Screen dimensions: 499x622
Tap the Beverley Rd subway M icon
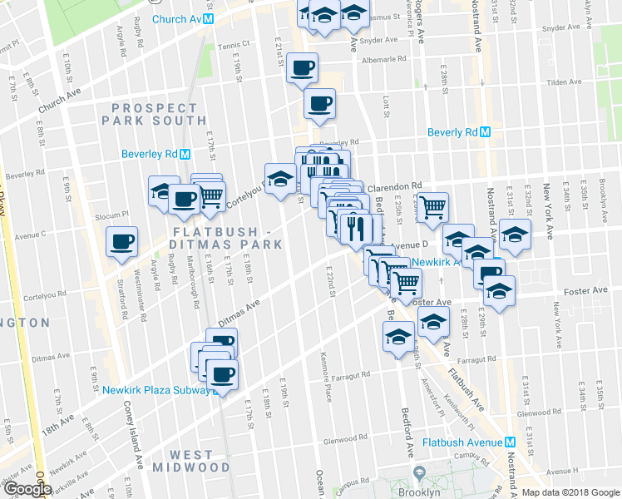pos(186,154)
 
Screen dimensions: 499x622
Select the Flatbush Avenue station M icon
pos(511,442)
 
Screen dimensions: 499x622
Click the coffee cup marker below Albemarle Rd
pos(320,103)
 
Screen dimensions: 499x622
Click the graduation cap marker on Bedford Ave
pos(398,336)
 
